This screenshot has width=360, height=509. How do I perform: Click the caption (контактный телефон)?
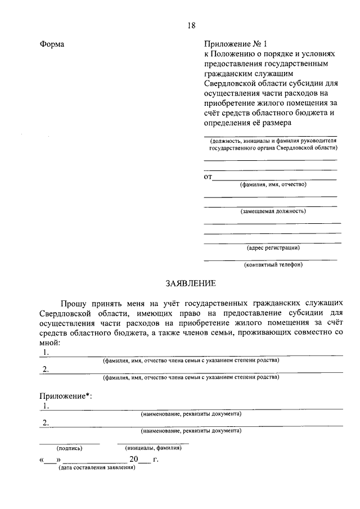tap(273, 264)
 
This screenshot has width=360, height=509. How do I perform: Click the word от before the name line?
tap(208, 177)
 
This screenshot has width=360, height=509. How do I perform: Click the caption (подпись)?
tap(69, 448)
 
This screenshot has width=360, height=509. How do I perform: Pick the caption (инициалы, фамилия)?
tap(153, 448)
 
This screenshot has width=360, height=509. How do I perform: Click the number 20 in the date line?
tap(133, 460)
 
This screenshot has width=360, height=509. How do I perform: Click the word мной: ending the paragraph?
tap(49, 341)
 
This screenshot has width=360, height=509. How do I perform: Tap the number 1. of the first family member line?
tap(46, 352)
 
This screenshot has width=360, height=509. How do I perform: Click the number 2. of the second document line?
tap(46, 422)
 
